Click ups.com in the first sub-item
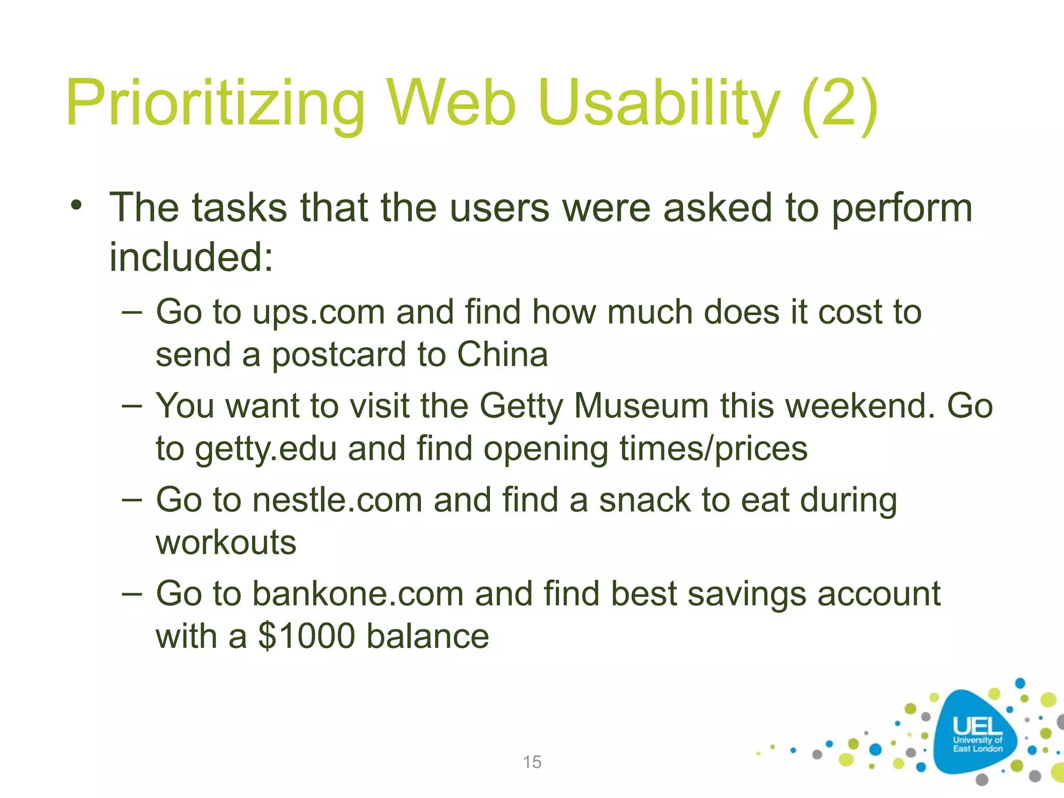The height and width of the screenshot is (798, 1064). pyautogui.click(x=318, y=313)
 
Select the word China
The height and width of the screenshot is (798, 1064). pyautogui.click(x=502, y=355)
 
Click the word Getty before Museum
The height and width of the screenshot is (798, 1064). pyautogui.click(x=521, y=407)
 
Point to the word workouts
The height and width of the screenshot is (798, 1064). pyautogui.click(x=226, y=543)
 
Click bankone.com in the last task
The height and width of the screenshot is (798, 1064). pyautogui.click(x=358, y=594)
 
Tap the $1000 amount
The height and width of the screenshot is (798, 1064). pyautogui.click(x=307, y=636)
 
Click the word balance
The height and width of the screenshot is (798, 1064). pyautogui.click(x=428, y=636)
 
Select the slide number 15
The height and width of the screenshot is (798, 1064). pyautogui.click(x=532, y=762)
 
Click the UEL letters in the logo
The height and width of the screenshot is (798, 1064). pyautogui.click(x=977, y=726)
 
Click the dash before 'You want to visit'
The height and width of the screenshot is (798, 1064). pyautogui.click(x=131, y=406)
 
